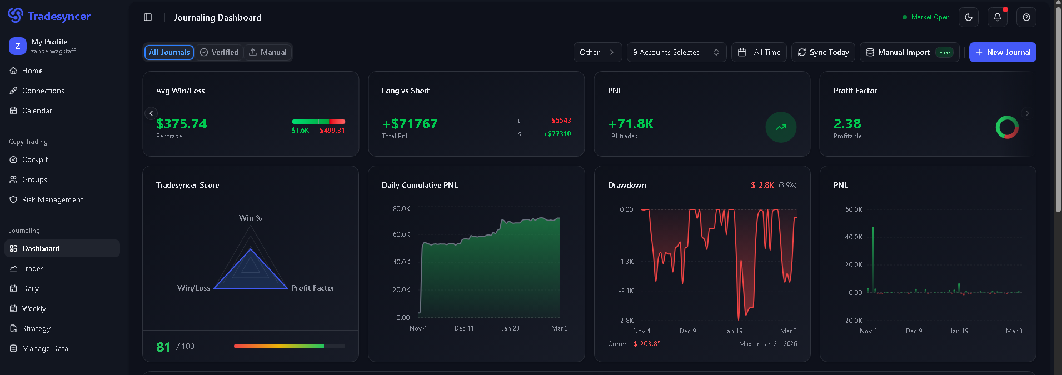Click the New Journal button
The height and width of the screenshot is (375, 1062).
(1003, 52)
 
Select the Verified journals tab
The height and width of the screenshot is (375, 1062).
(220, 52)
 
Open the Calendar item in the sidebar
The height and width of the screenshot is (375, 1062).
(37, 111)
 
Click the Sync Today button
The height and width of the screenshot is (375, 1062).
(823, 52)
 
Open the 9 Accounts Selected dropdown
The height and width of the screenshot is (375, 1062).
(676, 52)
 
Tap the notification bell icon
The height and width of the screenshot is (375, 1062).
(998, 17)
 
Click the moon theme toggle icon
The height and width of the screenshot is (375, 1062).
(969, 17)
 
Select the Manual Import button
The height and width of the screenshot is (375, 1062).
(910, 52)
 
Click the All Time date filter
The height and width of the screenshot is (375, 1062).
(759, 52)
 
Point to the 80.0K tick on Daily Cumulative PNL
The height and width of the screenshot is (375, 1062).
(401, 209)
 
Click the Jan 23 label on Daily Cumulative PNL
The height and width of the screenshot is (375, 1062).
(510, 328)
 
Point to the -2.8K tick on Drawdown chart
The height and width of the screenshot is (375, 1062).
(626, 321)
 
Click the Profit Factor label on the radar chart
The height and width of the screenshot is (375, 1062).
(313, 288)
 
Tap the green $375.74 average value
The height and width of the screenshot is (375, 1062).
(181, 123)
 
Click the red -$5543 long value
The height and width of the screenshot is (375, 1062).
(560, 121)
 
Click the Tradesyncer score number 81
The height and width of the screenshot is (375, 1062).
(163, 347)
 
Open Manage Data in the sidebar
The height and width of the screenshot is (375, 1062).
(45, 348)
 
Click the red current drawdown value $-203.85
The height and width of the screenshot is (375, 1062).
(647, 344)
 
